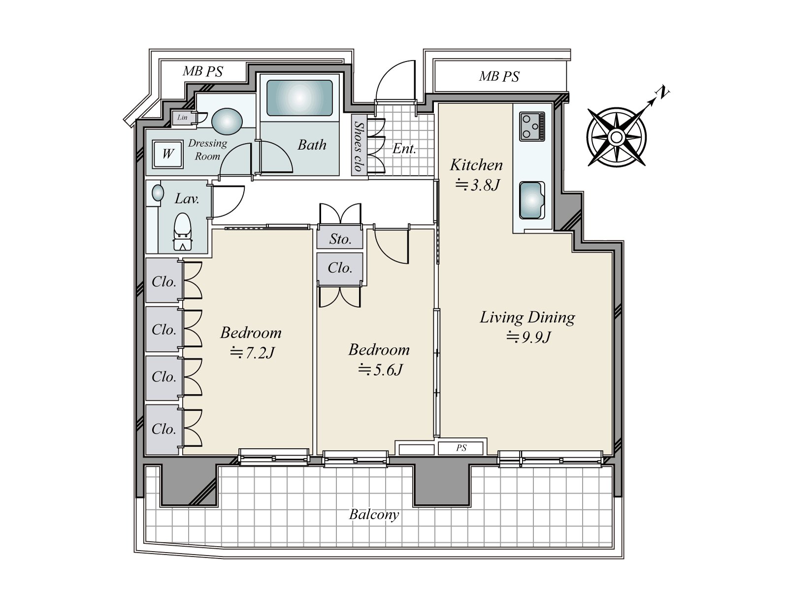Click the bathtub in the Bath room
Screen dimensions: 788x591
(x=299, y=98)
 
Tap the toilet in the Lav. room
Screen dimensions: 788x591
(x=182, y=232)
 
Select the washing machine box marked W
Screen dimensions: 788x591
(x=167, y=154)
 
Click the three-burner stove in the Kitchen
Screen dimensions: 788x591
(x=532, y=126)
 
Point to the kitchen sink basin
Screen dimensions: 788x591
(x=532, y=200)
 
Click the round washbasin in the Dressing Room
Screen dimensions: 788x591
(x=227, y=121)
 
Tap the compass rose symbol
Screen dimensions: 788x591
(x=617, y=137)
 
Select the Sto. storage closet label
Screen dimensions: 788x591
(x=340, y=239)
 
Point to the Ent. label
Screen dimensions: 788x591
(x=404, y=149)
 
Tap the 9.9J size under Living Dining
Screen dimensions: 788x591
(x=528, y=337)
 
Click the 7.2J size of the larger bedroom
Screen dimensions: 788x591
(x=252, y=353)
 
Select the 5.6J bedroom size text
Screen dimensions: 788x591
(x=380, y=369)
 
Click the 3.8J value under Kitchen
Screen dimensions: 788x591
(x=477, y=185)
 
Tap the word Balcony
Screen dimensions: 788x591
(x=374, y=515)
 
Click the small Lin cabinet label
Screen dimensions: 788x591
(x=182, y=117)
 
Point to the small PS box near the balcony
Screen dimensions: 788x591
(x=461, y=448)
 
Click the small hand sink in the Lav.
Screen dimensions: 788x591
(x=158, y=193)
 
